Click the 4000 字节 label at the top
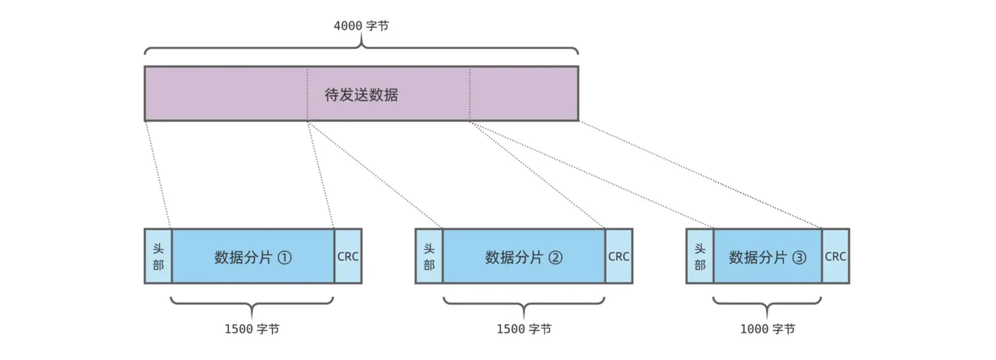point(361,26)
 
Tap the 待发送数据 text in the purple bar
point(361,94)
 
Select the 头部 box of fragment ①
point(158,257)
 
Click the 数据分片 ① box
point(253,257)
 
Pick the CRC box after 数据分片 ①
point(348,257)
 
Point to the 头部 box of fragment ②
point(429,257)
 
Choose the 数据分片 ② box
point(524,257)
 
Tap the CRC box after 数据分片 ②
point(619,257)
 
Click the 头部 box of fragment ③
point(700,257)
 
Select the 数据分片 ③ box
point(767,257)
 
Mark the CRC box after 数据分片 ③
point(836,257)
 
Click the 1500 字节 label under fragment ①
point(252,329)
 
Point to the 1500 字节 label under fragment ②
point(524,329)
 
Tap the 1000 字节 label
point(767,329)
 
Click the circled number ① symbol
point(284,258)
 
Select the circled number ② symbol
point(556,258)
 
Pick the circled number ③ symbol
point(799,258)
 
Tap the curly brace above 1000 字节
point(767,304)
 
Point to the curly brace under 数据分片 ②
point(524,304)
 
